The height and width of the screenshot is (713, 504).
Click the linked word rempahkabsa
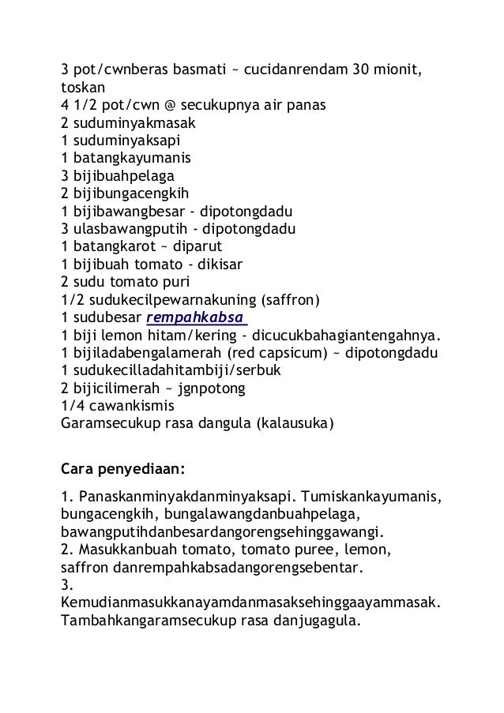(x=197, y=317)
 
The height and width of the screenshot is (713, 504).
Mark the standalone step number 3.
(x=66, y=584)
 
